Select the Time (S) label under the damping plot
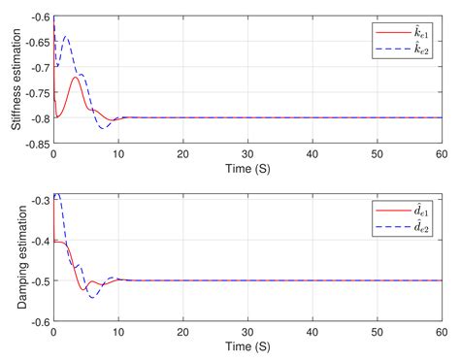(247, 346)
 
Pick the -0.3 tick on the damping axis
(38, 199)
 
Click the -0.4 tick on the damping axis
(38, 240)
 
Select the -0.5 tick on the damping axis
(38, 280)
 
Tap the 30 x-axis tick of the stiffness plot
(247, 154)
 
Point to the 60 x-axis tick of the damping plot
(441, 332)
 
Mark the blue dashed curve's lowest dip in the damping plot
(93, 296)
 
